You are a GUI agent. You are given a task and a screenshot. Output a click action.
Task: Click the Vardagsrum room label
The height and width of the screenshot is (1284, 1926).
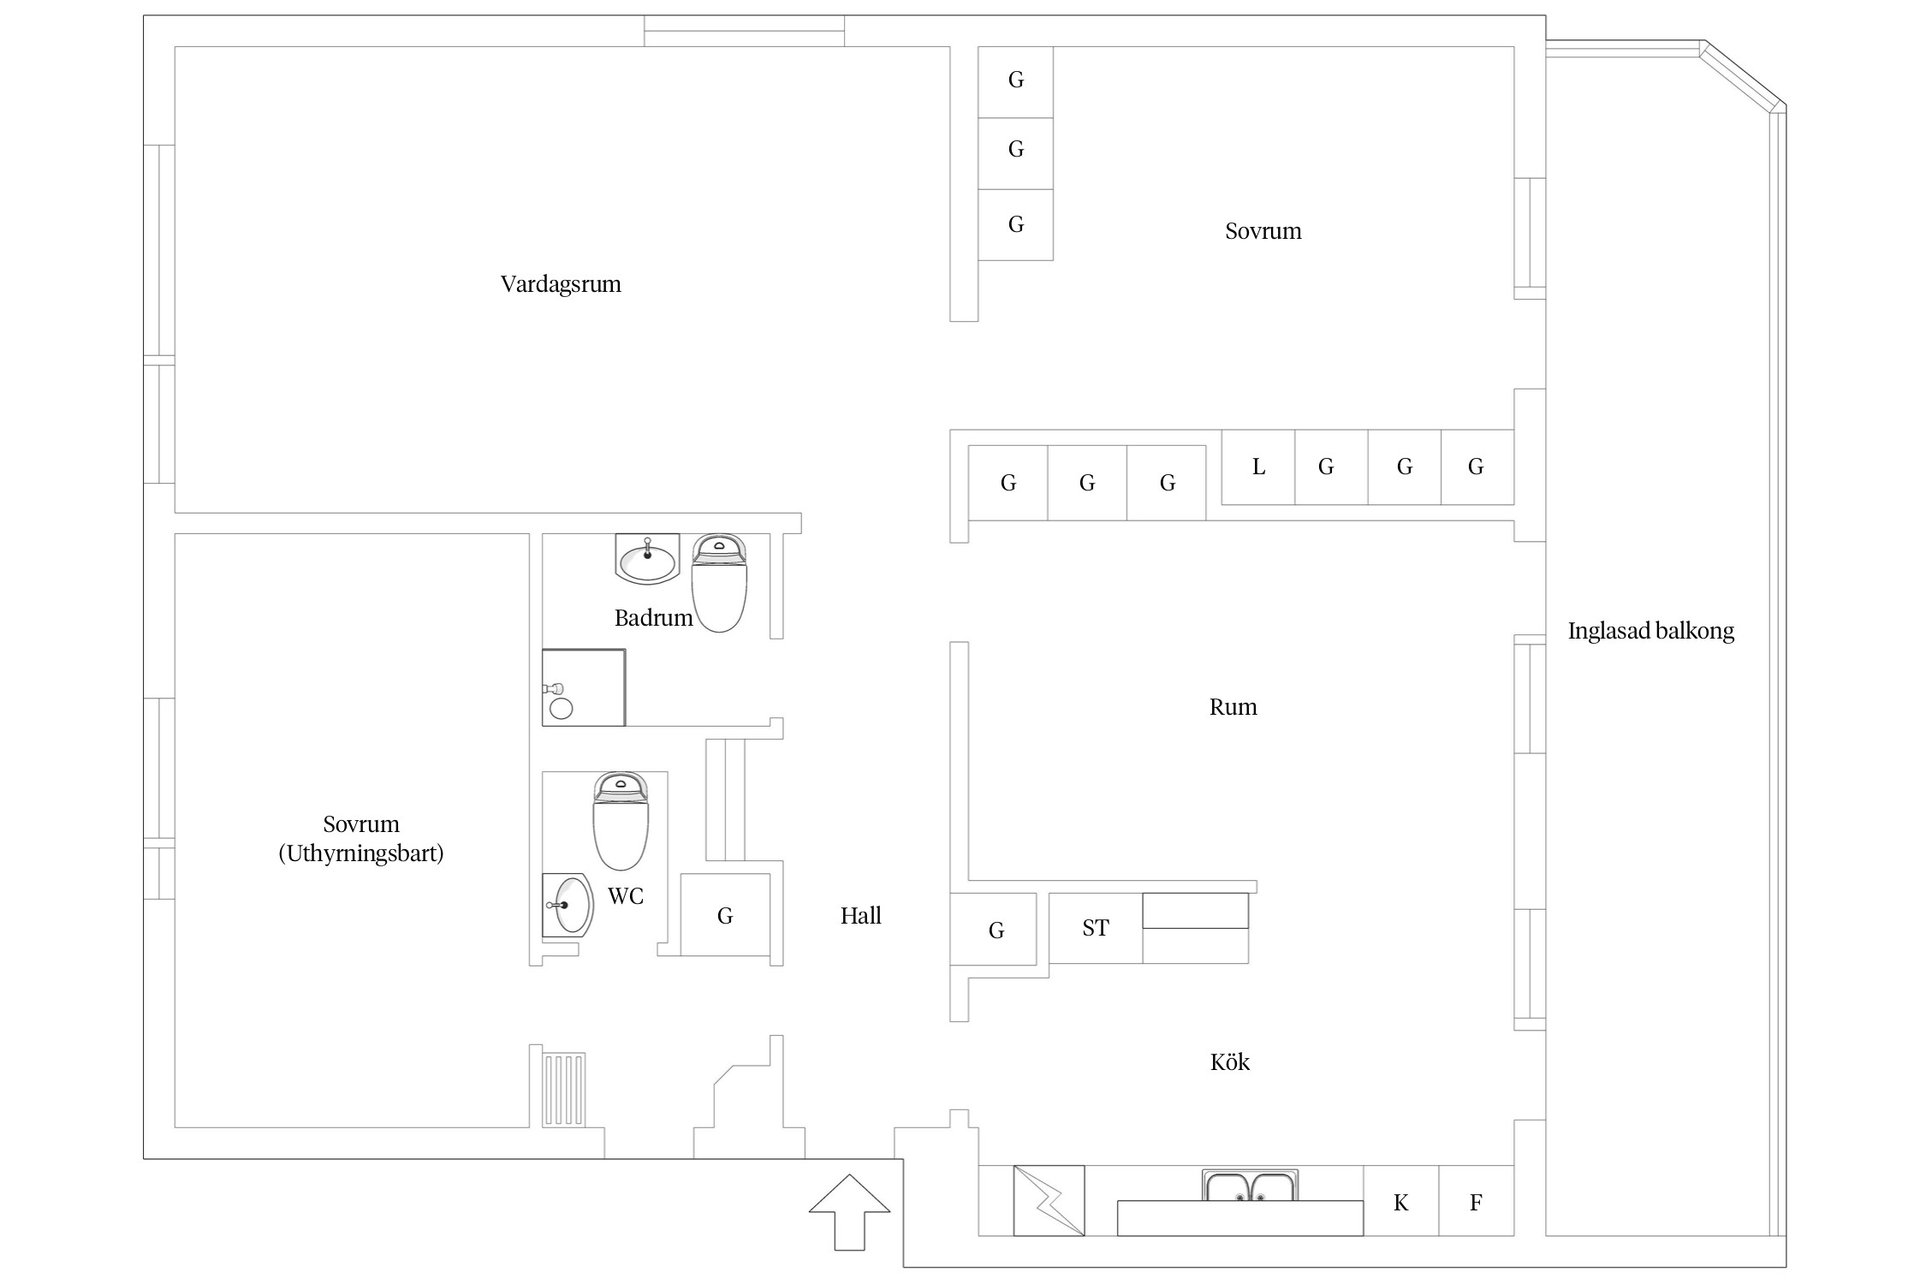pos(561,284)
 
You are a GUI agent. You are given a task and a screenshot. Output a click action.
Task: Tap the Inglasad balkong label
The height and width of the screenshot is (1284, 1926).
pos(1650,632)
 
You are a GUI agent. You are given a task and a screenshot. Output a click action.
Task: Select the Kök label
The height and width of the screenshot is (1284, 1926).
pos(1229,1062)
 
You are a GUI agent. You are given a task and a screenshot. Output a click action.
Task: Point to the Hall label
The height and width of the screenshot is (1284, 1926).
pos(860,916)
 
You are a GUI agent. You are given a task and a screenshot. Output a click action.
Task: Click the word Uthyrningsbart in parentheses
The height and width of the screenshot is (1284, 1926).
pos(361,853)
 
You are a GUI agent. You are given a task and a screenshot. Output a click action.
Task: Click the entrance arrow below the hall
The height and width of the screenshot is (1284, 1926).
pos(849,1210)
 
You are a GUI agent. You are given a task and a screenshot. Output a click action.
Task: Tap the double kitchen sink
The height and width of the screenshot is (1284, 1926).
pos(1250,1186)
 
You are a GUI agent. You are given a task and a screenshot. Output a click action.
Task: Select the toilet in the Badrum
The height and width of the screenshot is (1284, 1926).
pos(719,584)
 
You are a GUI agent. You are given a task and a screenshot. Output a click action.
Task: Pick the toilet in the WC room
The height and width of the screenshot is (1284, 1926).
pos(621,821)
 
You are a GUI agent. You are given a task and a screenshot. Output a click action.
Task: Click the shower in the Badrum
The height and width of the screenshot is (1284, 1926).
pos(584,687)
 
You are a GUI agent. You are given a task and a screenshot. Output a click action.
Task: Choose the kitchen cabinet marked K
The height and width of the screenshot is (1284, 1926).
pos(1400,1202)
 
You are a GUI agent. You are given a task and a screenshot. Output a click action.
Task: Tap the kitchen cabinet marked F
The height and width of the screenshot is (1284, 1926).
pos(1476,1202)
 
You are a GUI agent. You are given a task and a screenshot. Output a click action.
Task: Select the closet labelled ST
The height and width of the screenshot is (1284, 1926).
pos(1096,928)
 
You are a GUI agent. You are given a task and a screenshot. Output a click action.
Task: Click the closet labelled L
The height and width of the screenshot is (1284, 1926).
pos(1257,467)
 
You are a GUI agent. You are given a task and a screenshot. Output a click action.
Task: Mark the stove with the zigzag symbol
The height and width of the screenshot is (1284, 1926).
pos(1049,1200)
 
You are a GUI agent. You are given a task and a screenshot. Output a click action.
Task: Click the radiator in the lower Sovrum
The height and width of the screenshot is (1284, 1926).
pos(565,1089)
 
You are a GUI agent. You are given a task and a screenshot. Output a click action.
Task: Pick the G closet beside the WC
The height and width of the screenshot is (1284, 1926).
pos(725,915)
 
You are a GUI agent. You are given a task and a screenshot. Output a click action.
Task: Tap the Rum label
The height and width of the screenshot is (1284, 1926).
pos(1233,707)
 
